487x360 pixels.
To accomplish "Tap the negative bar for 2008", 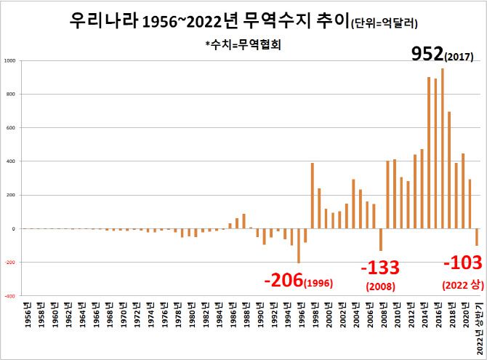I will point(380,239).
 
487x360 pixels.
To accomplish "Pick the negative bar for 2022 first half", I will point(477,237).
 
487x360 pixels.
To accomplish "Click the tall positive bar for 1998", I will point(312,196).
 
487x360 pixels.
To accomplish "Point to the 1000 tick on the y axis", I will point(9,60).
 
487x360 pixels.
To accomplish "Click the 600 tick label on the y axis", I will point(10,128).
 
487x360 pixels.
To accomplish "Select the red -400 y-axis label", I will point(9,296).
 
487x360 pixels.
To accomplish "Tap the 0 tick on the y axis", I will point(13,228).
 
